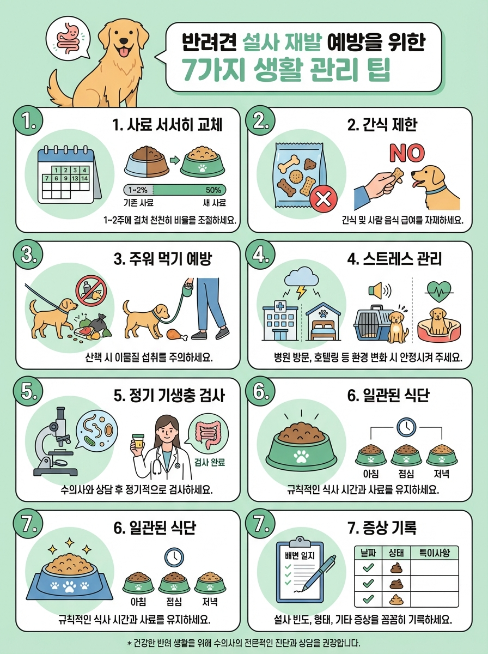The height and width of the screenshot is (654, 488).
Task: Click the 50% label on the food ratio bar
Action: click(x=213, y=190)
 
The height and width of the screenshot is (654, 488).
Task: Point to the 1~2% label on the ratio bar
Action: click(x=137, y=190)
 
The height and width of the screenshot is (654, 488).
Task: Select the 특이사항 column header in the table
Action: click(x=434, y=553)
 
